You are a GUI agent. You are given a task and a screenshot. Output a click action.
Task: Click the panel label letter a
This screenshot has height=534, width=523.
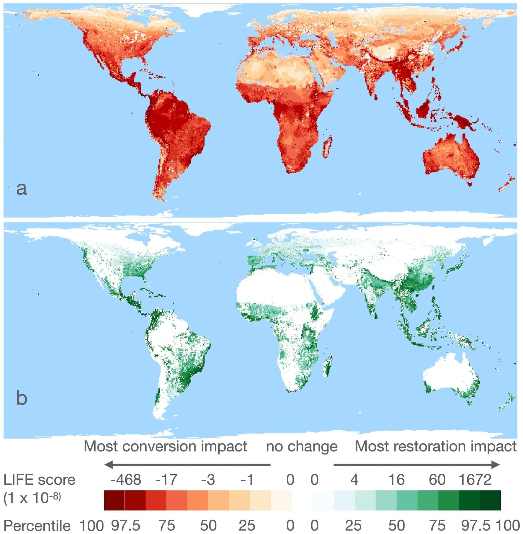tap(22, 189)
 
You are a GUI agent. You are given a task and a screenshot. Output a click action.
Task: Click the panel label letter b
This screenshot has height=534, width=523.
tap(22, 398)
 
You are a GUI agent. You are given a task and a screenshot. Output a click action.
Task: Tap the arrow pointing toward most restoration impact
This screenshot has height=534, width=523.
tap(416, 465)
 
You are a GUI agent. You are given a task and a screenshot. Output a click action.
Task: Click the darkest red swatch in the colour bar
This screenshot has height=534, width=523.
tap(114, 500)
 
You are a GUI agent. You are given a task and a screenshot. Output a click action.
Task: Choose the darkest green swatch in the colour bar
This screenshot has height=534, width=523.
tap(490, 500)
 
